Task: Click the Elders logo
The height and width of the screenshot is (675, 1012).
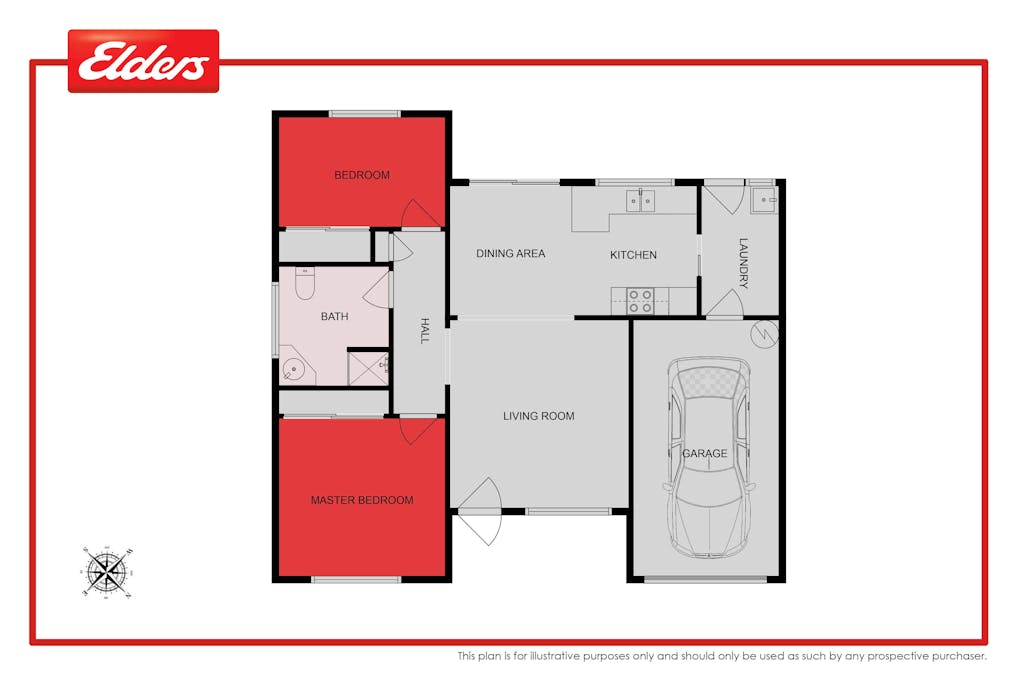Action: point(143,62)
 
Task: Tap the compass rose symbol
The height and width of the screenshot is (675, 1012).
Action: point(107,571)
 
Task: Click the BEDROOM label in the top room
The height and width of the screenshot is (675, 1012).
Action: point(362,176)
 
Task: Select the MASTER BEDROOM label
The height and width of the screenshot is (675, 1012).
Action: point(361,500)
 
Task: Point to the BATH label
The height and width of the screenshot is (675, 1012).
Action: point(334,317)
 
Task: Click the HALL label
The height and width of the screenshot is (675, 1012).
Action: point(424,331)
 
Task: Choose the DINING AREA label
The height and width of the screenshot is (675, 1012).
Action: point(510,254)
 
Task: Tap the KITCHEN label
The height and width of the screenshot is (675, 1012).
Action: point(633,255)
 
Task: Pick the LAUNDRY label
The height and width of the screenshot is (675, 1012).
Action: point(743,263)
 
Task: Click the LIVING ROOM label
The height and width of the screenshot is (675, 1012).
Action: point(538,416)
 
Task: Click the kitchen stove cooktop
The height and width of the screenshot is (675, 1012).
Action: point(640,300)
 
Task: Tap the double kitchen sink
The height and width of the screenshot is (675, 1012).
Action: point(640,201)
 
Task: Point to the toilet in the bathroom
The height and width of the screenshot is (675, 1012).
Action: point(305,284)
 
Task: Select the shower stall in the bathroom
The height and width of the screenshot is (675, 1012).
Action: point(368,367)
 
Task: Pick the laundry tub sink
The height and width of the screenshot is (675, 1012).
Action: point(765,200)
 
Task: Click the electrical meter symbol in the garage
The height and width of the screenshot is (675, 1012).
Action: point(762,332)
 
